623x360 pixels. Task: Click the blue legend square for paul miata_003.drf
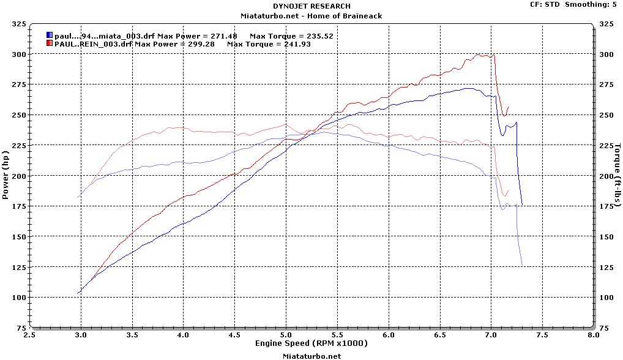pyautogui.click(x=49, y=36)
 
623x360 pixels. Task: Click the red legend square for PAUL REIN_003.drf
pyautogui.click(x=49, y=44)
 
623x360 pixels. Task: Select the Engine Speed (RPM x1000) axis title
pyautogui.click(x=311, y=343)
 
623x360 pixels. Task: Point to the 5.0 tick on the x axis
pyautogui.click(x=286, y=336)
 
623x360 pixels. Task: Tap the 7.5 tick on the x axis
pyautogui.click(x=541, y=336)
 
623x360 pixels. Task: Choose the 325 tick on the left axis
pyautogui.click(x=18, y=24)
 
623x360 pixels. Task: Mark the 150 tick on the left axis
pyautogui.click(x=18, y=237)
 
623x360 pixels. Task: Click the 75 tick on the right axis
pyautogui.click(x=605, y=328)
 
